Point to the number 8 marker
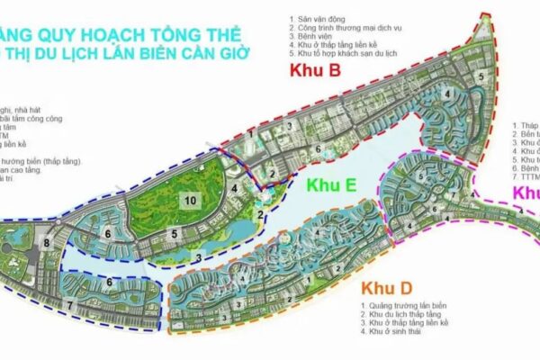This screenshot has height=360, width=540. [x=44, y=243]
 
